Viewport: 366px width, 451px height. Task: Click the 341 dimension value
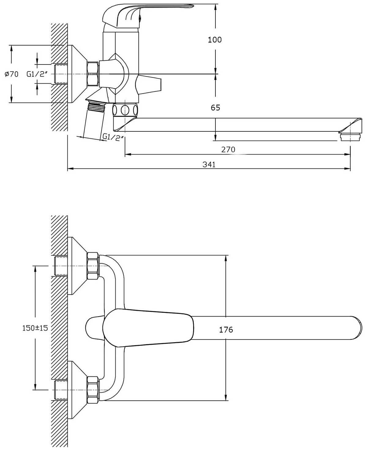click(209, 164)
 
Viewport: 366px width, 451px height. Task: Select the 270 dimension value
click(228, 149)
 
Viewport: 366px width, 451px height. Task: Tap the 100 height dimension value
click(215, 40)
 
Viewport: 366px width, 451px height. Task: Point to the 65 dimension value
click(215, 108)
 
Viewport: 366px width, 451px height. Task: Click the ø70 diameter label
click(12, 74)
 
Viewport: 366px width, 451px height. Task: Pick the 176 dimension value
click(226, 330)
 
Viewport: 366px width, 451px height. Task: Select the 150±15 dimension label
click(35, 328)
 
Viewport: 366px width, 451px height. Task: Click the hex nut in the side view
click(93, 74)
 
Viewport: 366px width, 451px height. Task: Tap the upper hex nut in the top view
click(93, 266)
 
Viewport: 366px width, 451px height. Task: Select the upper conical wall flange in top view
click(77, 266)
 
